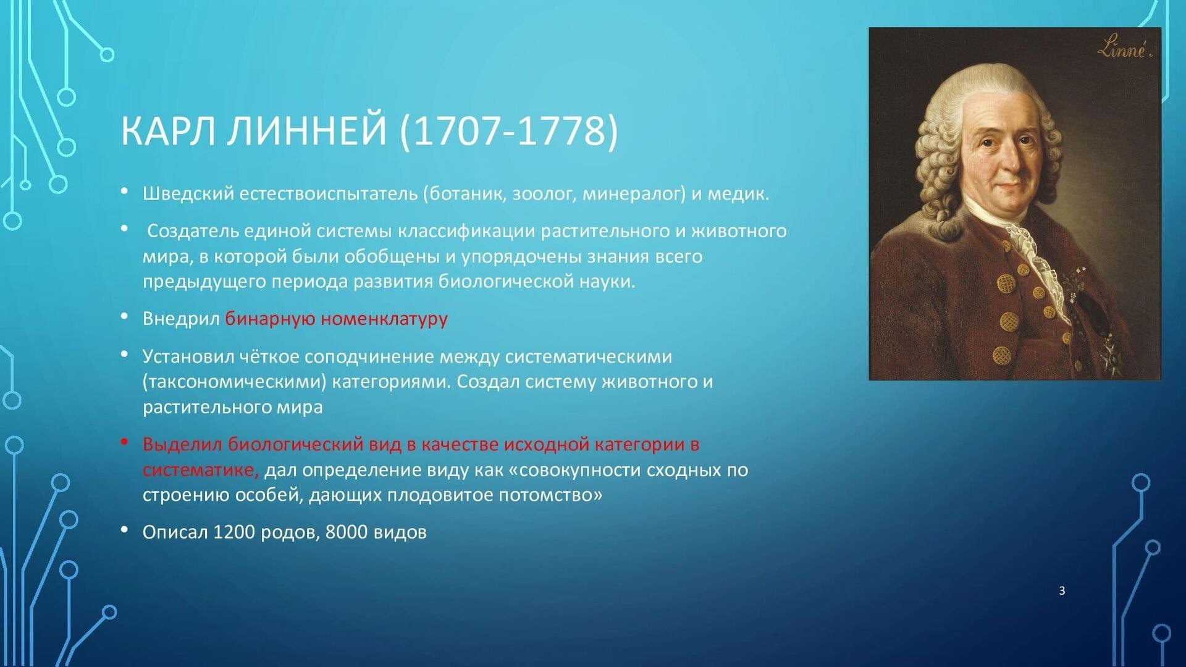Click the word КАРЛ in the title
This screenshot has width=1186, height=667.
pyautogui.click(x=168, y=130)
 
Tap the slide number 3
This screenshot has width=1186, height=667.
pyautogui.click(x=1062, y=590)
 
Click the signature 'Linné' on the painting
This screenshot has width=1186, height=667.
pyautogui.click(x=1125, y=47)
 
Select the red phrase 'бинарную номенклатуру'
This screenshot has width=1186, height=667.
pyautogui.click(x=336, y=319)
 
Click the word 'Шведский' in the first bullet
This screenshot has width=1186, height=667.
pyautogui.click(x=188, y=194)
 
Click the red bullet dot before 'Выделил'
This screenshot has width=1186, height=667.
pyautogui.click(x=125, y=442)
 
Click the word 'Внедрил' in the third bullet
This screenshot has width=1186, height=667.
pyautogui.click(x=181, y=319)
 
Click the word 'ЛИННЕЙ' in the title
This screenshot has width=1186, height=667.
pyautogui.click(x=306, y=130)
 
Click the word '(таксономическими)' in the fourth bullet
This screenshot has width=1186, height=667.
pyautogui.click(x=235, y=382)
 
